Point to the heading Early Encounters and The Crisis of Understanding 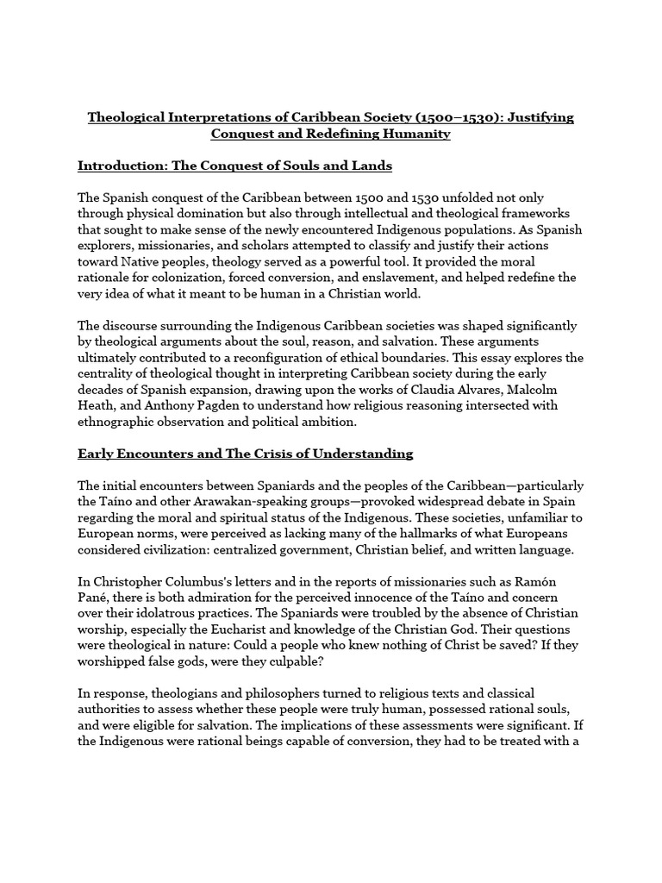[x=246, y=453]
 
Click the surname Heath [x=97, y=404]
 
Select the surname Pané [x=95, y=597]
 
